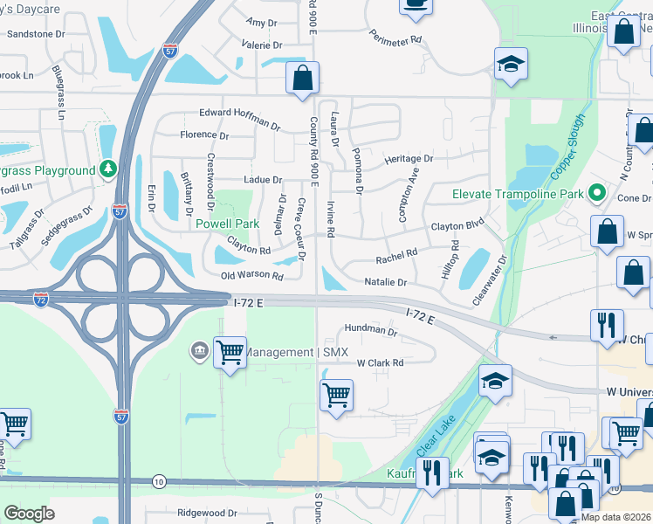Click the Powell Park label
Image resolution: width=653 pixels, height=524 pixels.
point(227,224)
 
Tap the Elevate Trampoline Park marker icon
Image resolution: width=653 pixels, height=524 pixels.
point(597,193)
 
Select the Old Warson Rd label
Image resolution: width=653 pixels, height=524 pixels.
point(252,276)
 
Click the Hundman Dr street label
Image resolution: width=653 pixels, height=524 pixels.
point(370,331)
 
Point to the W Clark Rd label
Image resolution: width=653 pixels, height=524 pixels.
point(380,362)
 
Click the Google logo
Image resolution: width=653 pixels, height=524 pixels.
point(29,514)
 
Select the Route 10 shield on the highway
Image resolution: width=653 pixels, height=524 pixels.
point(158,481)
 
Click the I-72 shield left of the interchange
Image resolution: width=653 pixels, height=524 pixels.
point(41,300)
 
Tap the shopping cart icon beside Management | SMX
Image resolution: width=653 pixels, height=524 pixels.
point(230,353)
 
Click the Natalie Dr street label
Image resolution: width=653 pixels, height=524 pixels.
point(385,283)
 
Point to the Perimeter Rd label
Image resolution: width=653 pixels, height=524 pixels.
point(395,38)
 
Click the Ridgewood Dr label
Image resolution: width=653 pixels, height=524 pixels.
point(207,514)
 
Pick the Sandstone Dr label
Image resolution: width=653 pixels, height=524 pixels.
point(36,34)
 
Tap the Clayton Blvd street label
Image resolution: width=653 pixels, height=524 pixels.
point(457,225)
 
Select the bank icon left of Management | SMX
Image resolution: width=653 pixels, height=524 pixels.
point(198,352)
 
